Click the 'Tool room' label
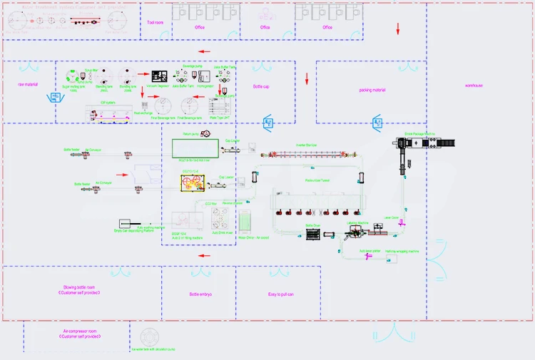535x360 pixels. pos(156,23)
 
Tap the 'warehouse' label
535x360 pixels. pos(474,86)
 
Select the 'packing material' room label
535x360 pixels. pos(372,91)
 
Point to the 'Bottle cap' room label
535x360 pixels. pos(261,86)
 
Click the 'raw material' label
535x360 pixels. pos(26,85)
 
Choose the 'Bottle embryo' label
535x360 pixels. pos(200,294)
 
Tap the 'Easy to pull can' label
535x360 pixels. pos(281,294)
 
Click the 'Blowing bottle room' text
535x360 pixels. pos(79,287)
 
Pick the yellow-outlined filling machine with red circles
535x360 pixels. pos(193,184)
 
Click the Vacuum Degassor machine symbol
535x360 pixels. pos(160,77)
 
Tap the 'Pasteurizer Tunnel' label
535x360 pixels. pos(317,181)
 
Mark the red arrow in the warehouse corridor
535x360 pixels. pos(398,28)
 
